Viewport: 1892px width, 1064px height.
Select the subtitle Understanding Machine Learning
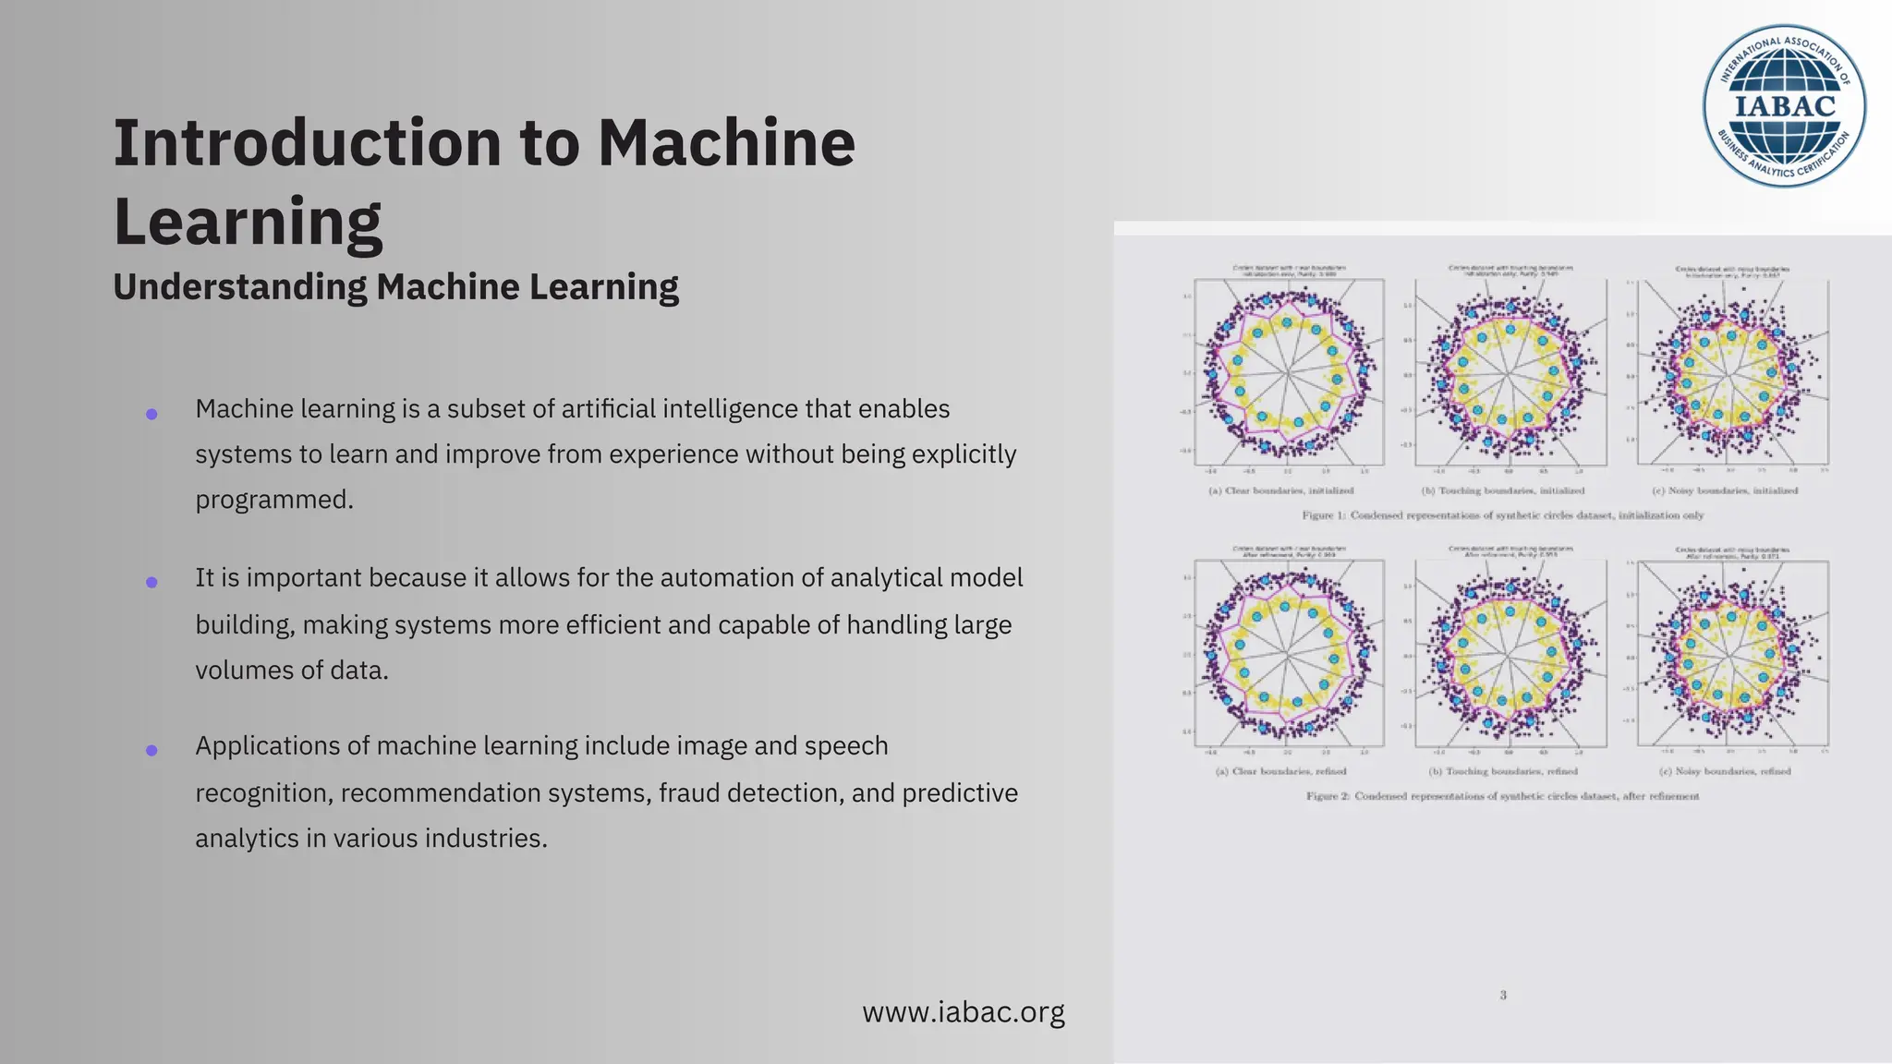coord(395,286)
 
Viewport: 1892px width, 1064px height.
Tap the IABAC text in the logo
coord(1784,106)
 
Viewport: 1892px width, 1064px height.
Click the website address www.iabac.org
coord(963,1012)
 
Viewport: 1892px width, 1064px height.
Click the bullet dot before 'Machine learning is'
coord(152,414)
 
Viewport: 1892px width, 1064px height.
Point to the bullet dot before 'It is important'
coord(152,582)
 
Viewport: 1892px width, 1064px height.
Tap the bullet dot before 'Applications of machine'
coord(152,750)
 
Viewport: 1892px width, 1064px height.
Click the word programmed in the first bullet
coord(273,500)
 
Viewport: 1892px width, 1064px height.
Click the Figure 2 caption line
coord(1502,796)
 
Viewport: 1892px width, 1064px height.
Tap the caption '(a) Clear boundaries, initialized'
coord(1280,490)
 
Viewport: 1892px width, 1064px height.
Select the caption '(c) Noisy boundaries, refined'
coord(1724,771)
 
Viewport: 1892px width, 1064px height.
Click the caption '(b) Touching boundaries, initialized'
coord(1502,490)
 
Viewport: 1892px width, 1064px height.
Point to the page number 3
coord(1503,995)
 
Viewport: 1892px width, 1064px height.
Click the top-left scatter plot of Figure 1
coord(1289,372)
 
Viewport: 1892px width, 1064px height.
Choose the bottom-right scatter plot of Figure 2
coord(1732,653)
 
